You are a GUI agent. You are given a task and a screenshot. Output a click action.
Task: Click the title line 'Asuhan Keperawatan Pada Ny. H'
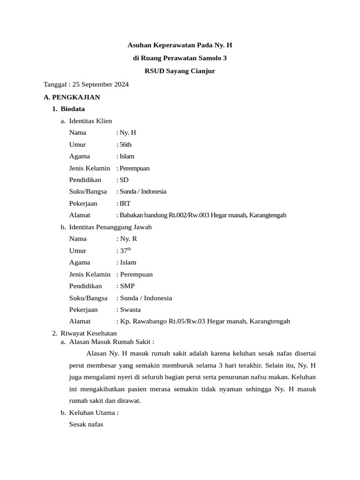(x=180, y=45)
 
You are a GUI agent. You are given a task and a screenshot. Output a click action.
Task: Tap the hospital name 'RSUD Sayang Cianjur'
(x=180, y=71)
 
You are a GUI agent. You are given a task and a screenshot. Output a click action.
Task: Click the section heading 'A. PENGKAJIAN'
(x=71, y=97)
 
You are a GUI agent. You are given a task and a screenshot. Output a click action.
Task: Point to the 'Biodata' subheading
(x=73, y=109)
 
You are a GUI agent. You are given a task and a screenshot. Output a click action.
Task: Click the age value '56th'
(x=126, y=144)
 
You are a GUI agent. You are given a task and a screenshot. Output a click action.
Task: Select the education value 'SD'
(x=124, y=180)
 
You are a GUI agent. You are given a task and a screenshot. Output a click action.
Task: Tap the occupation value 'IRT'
(x=125, y=203)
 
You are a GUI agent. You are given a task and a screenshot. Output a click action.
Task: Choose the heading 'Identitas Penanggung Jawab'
(x=110, y=227)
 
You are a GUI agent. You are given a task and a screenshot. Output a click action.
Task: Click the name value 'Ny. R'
(x=128, y=239)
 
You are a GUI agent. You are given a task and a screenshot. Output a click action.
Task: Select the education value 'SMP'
(x=127, y=286)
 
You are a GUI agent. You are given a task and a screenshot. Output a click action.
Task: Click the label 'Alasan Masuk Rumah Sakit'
(x=111, y=342)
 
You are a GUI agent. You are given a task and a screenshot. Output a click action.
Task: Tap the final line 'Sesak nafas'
(x=86, y=424)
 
